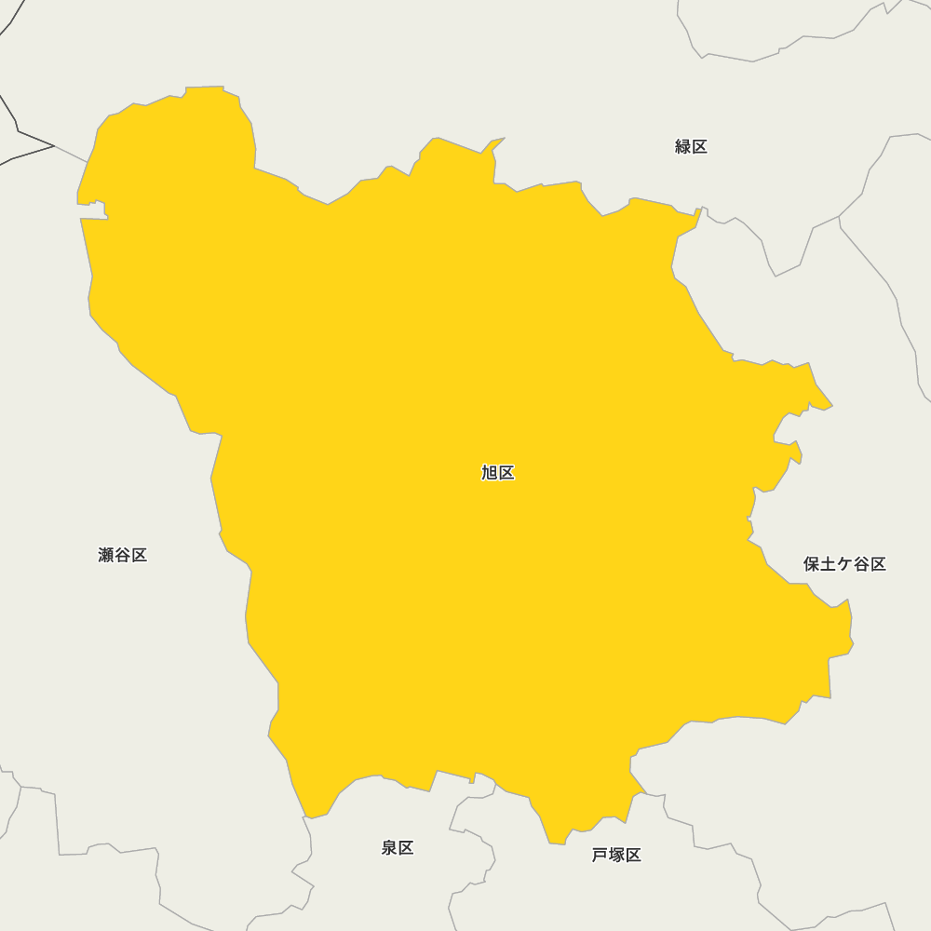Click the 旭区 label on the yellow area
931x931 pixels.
point(497,473)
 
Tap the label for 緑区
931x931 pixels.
point(691,146)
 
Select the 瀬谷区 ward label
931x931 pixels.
point(122,556)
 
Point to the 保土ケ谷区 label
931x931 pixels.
point(844,564)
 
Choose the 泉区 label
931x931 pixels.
point(398,848)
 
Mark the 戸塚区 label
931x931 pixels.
point(616,856)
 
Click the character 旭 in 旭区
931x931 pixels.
point(489,473)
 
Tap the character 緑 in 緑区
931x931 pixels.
point(682,146)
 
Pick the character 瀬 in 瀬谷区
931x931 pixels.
point(106,556)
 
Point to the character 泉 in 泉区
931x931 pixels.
point(389,848)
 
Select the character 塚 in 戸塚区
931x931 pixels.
point(616,856)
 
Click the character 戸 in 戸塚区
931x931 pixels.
point(600,856)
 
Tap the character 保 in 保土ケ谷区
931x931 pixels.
point(812,564)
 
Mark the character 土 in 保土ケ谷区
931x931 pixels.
point(828,564)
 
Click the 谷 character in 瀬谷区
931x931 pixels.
point(122,556)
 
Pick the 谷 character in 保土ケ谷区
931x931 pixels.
point(861,564)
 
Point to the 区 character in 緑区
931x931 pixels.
point(699,146)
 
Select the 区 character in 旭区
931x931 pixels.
point(506,473)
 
